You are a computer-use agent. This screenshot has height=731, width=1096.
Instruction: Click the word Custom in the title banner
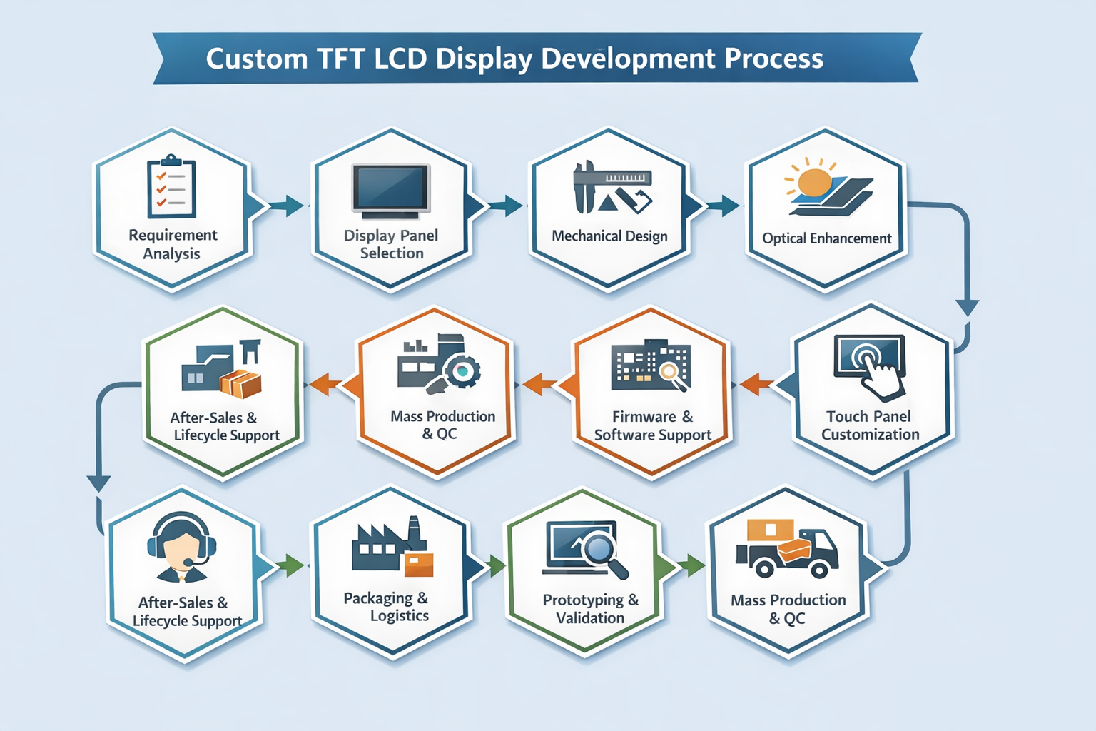coord(256,59)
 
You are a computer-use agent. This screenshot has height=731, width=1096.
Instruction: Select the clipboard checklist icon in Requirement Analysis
coord(171,187)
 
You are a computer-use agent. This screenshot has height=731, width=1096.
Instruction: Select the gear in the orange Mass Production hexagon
coord(462,370)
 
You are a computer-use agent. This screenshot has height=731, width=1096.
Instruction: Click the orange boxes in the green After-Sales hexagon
coord(241,383)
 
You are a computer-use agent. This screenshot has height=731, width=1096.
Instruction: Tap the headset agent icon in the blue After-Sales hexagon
coord(181,547)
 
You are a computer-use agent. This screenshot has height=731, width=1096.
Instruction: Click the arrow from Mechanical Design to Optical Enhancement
coord(723,206)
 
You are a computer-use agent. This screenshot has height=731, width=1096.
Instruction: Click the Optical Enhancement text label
coord(826,238)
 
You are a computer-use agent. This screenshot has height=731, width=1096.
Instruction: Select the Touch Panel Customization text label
coord(870,425)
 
